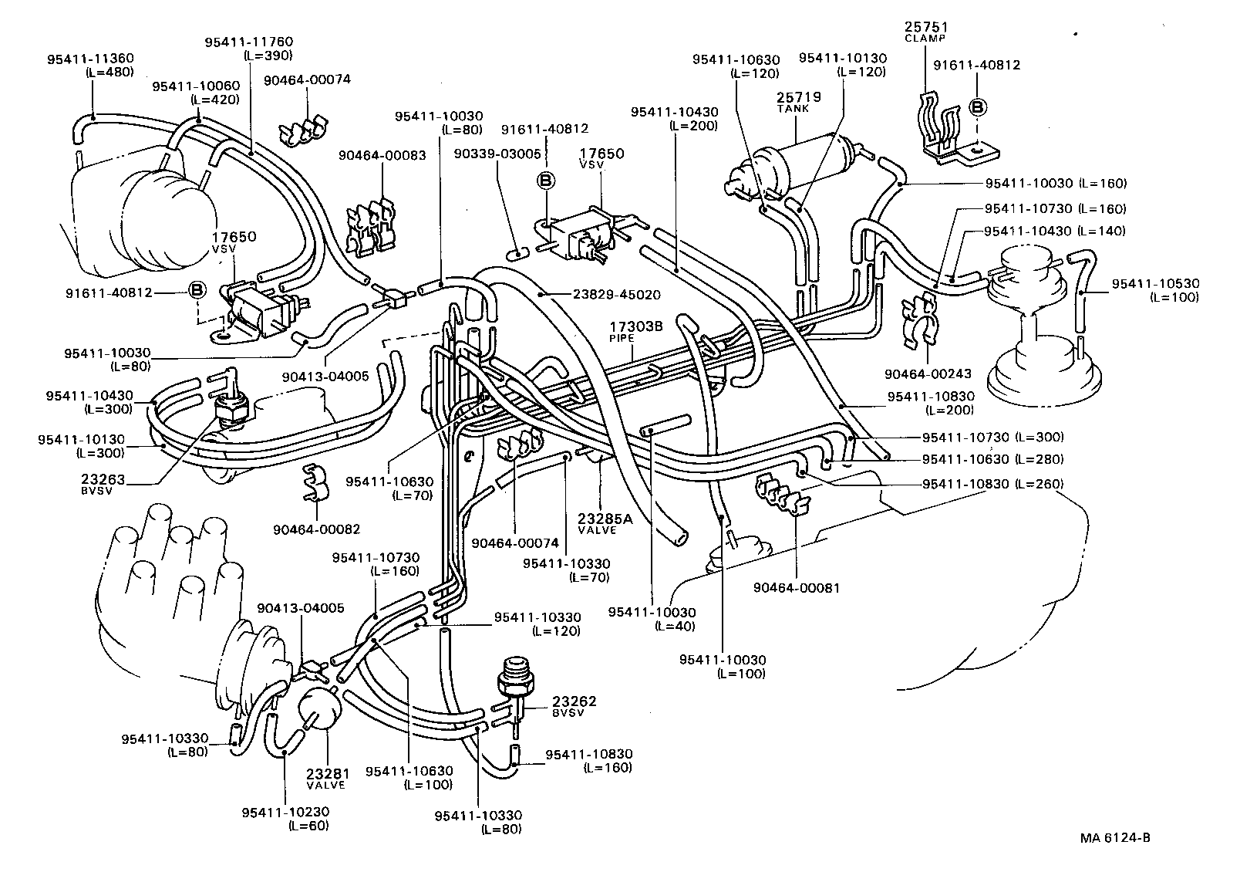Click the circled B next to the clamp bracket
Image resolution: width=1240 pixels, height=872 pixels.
coord(977,106)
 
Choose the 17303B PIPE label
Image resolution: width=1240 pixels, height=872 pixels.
coord(636,331)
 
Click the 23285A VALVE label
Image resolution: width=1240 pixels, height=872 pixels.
coord(605,523)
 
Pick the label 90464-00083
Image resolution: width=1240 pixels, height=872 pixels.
coord(382,155)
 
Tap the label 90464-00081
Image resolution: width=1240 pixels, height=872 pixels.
coord(797,587)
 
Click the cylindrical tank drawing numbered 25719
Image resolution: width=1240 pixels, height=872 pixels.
coord(802,166)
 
